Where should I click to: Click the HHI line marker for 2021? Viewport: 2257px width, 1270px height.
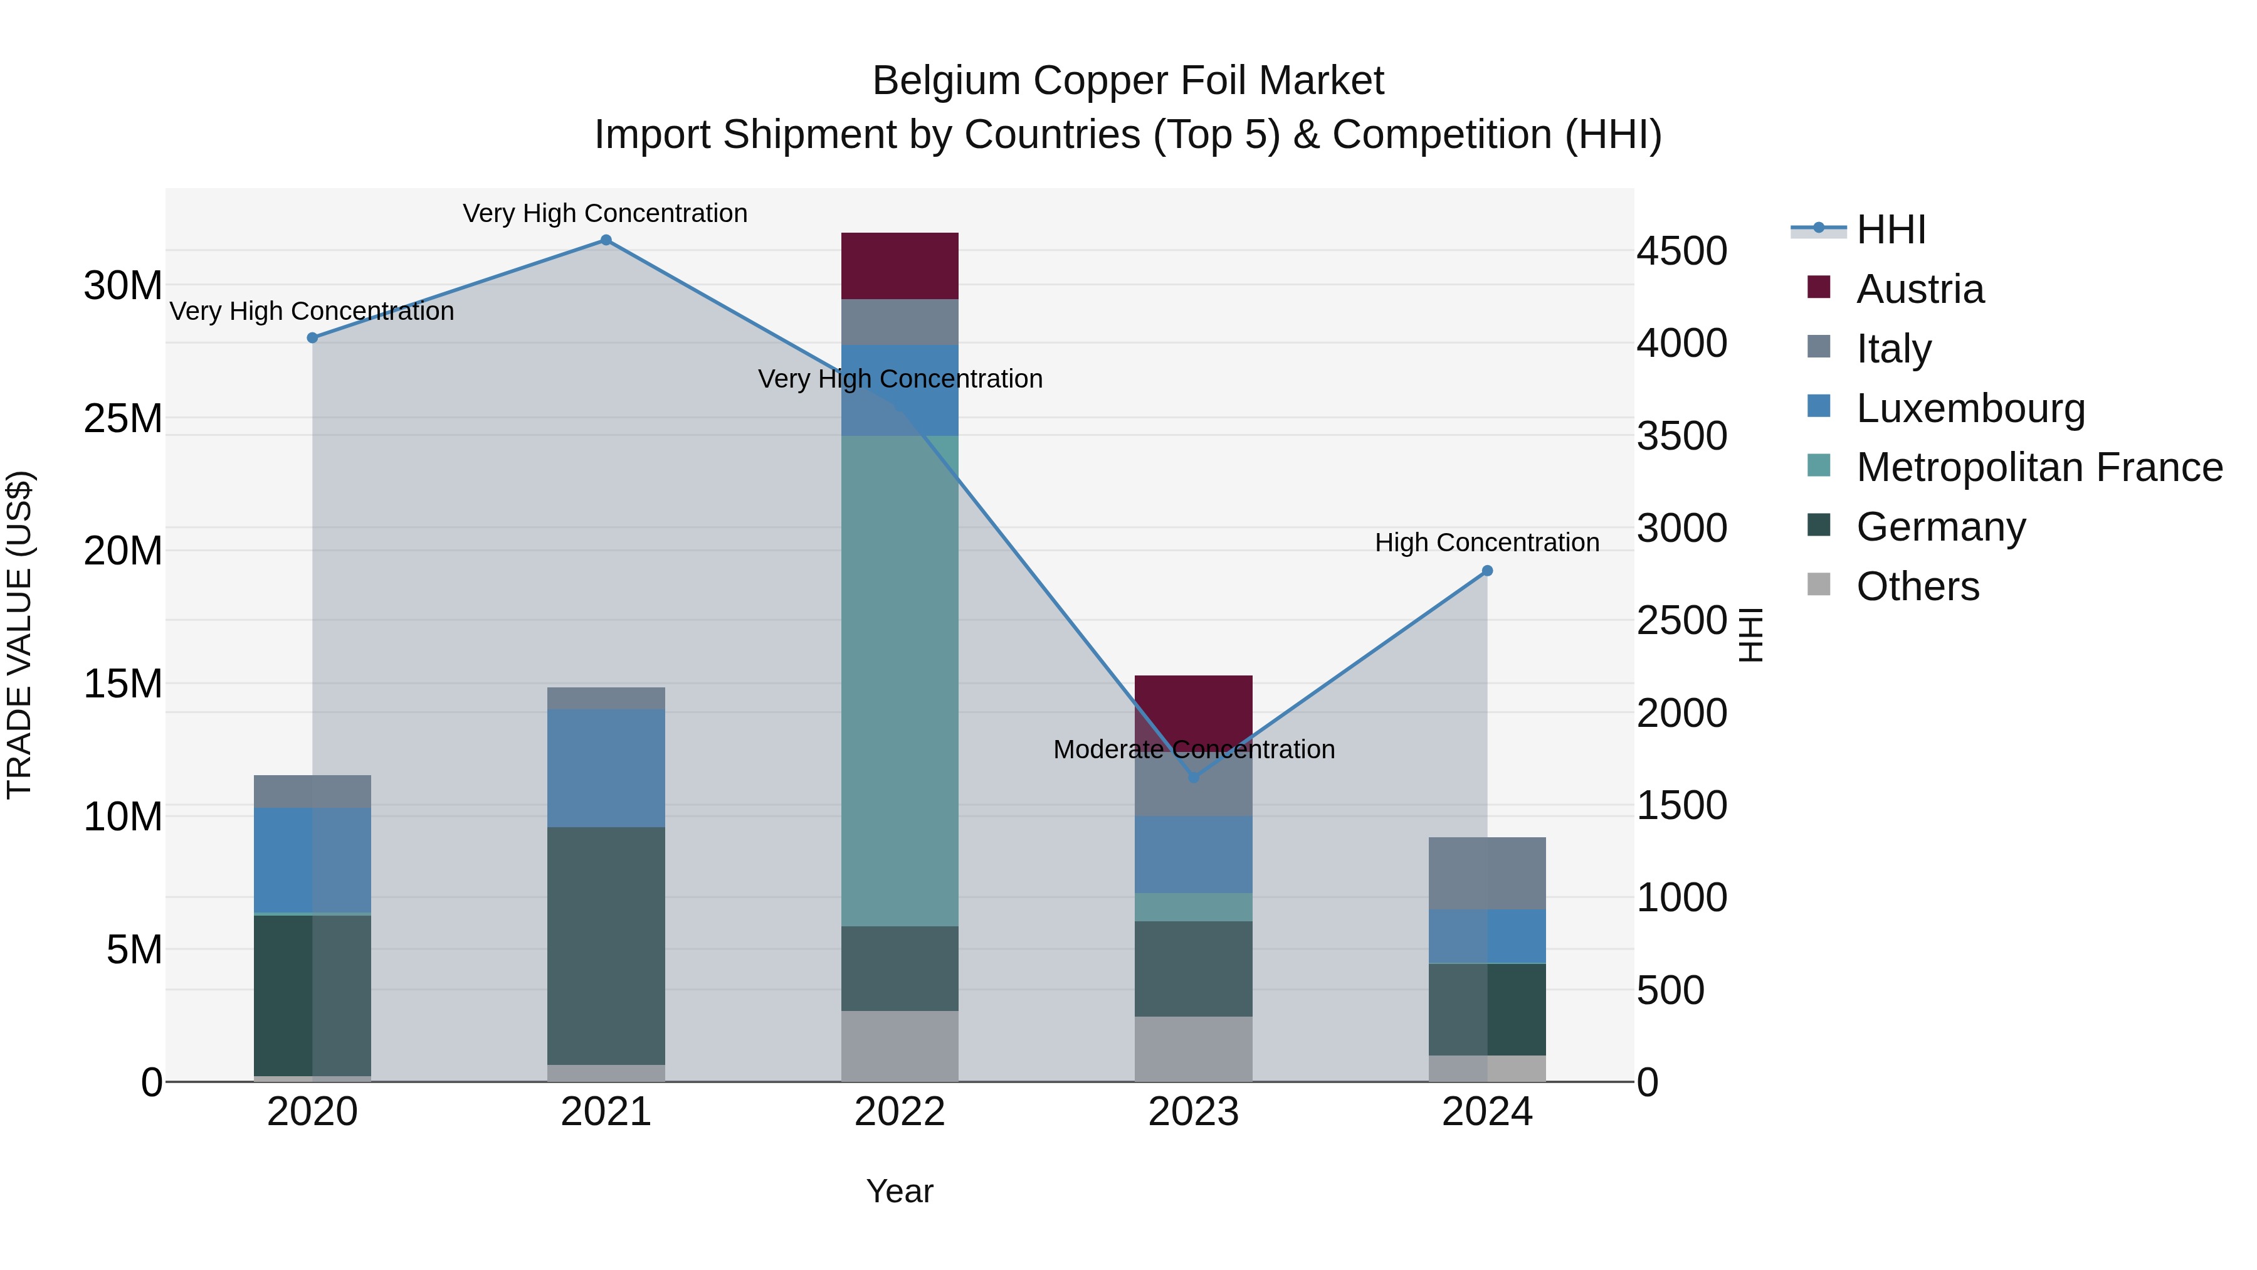coord(606,240)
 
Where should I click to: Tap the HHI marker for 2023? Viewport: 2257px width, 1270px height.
coord(1193,776)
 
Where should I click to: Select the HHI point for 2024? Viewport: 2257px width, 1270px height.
coord(1487,571)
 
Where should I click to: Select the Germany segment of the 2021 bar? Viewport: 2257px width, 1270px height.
coord(606,946)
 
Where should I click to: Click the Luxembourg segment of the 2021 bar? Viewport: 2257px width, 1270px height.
coord(606,768)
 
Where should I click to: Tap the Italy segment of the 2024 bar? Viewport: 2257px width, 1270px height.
coord(1487,873)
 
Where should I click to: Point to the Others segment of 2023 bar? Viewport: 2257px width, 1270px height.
coord(1193,1049)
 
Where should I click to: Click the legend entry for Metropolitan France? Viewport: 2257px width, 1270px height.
coord(2039,467)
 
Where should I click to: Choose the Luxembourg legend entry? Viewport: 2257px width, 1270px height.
coord(1970,408)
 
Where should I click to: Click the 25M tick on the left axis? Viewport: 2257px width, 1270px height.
coord(123,419)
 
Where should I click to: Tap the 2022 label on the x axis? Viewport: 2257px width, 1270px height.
coord(900,1112)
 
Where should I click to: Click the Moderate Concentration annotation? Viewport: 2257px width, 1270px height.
coord(1193,749)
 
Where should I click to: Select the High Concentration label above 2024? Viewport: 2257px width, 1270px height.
coord(1487,542)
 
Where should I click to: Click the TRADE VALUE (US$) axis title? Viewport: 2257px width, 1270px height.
coord(20,635)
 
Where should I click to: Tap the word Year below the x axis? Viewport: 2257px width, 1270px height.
coord(900,1191)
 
